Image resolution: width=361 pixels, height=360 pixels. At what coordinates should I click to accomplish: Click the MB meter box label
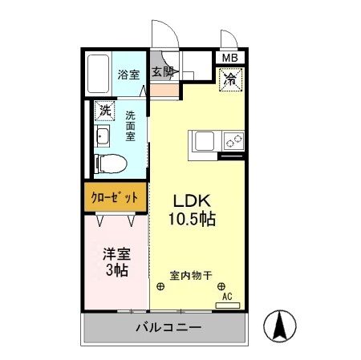coord(230,58)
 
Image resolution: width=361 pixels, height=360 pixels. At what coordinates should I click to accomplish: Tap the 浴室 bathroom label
coord(128,75)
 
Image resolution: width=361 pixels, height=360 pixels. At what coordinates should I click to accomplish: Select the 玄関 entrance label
coord(164,72)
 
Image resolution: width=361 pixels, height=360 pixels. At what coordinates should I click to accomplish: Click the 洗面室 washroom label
coord(131,125)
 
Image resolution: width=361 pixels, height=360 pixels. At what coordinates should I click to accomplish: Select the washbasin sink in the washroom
coord(103,136)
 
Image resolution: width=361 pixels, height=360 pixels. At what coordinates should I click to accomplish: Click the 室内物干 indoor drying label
coord(190,275)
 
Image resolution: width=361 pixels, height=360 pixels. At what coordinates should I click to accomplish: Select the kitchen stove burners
coord(233,141)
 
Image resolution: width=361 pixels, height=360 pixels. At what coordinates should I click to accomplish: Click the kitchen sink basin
coord(201,140)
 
